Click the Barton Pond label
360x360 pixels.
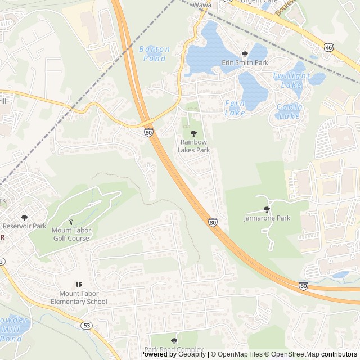tap(154, 53)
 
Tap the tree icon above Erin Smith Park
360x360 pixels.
tap(245, 54)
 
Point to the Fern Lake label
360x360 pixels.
tap(235, 107)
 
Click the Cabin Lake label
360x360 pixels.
tap(289, 111)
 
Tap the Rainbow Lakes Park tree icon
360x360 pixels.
tap(193, 133)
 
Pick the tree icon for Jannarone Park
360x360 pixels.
tap(267, 209)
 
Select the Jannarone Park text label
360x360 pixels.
tap(267, 218)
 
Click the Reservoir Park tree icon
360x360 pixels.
tap(24, 217)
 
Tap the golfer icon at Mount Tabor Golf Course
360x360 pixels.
tap(71, 222)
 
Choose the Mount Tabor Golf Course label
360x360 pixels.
tap(71, 233)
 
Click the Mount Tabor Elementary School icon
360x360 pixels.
tap(79, 285)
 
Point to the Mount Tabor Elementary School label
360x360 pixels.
tap(79, 298)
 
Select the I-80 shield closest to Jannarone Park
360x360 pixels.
tap(213, 223)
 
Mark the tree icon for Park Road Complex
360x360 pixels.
tap(173, 341)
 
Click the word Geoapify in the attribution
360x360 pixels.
tap(191, 354)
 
